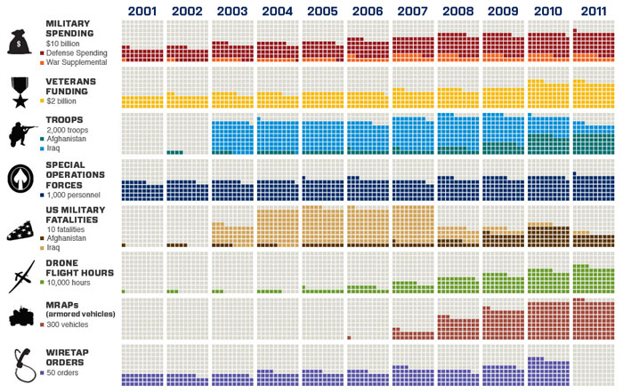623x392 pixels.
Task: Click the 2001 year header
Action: pos(142,10)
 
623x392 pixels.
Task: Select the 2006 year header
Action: pos(368,10)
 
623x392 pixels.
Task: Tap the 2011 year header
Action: pos(594,10)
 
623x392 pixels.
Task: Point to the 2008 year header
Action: pos(457,10)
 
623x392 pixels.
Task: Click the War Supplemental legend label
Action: pos(77,62)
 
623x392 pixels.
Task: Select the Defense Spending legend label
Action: pos(76,53)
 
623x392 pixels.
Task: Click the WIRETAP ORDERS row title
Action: pos(65,357)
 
